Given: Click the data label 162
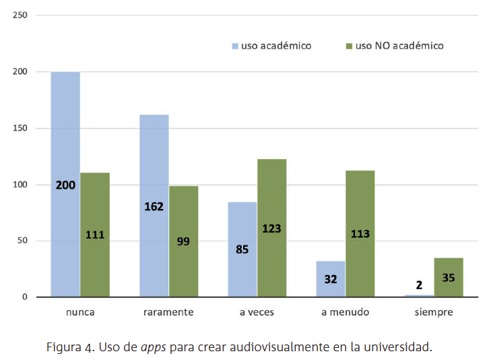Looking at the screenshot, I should (154, 206).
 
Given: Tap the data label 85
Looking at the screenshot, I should (242, 249).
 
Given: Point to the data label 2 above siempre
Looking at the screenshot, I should (419, 285).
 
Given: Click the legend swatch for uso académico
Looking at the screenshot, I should (235, 47).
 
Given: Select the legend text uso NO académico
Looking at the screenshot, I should (399, 46).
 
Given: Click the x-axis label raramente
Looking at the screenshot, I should (168, 313).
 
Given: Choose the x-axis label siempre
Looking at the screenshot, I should (434, 313).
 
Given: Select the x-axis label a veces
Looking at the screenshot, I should (257, 313).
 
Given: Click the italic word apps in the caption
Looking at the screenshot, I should (154, 348).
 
